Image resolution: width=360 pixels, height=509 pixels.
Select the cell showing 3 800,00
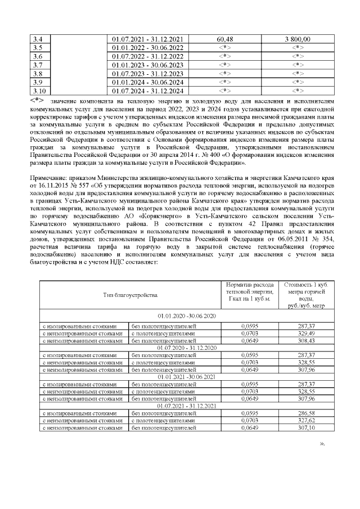click(x=298, y=39)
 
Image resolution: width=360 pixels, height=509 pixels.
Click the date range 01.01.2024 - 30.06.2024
click(x=147, y=82)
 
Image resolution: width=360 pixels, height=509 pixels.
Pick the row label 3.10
click(x=39, y=90)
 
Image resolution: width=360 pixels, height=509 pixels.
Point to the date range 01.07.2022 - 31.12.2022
click(x=147, y=56)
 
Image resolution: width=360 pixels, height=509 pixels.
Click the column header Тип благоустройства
click(x=129, y=295)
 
